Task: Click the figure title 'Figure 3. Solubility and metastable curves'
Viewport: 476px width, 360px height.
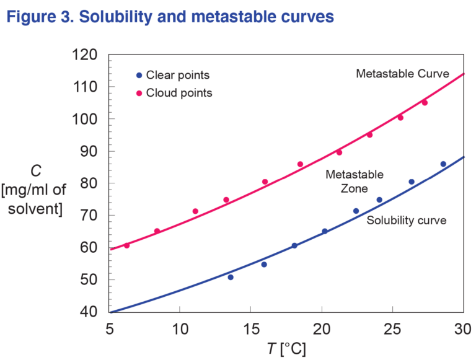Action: coord(170,16)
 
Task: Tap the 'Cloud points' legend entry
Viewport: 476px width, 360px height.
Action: coord(178,94)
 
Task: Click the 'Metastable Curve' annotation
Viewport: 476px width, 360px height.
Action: coord(402,74)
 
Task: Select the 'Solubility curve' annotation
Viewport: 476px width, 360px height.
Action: coord(407,221)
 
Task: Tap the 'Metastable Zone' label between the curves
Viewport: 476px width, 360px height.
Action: coord(355,182)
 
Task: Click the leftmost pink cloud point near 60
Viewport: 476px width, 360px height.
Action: coord(127,245)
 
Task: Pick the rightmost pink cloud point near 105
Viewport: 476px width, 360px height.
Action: coord(425,103)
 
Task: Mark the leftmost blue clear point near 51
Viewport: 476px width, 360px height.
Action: coord(231,277)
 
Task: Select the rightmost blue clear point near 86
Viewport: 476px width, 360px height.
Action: coord(443,164)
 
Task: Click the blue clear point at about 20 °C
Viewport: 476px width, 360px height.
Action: coord(324,231)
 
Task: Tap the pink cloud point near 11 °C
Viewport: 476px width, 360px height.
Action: coord(195,211)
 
